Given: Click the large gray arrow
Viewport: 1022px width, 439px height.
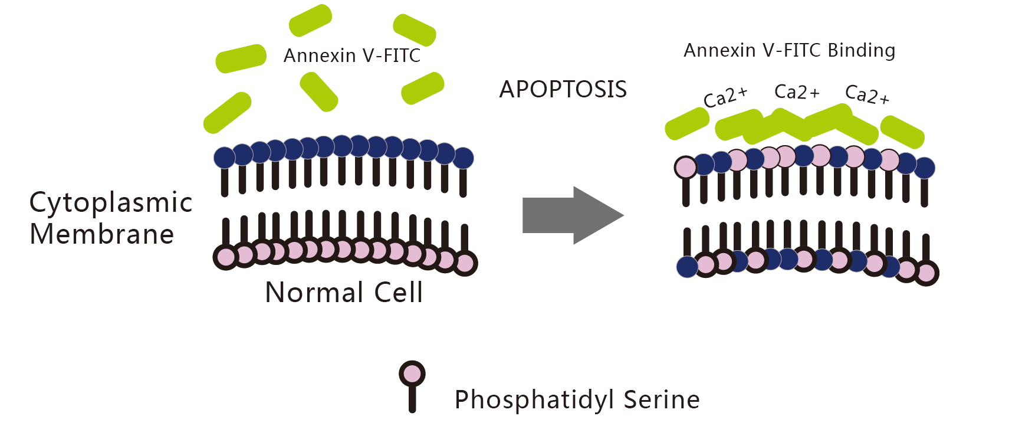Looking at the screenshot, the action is [x=573, y=215].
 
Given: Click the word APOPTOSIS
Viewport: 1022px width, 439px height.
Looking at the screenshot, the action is [x=563, y=90].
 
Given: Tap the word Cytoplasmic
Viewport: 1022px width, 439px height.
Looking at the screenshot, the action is [x=111, y=203].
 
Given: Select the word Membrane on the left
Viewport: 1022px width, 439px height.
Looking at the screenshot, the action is [x=102, y=234].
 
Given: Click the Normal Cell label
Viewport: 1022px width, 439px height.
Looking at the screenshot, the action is [x=344, y=292].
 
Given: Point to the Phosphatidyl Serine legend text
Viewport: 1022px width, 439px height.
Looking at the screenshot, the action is [x=577, y=399].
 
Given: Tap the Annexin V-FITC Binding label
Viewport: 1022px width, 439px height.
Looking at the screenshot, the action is [x=790, y=51].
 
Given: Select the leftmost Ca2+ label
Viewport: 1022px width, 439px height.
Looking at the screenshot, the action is [x=725, y=97].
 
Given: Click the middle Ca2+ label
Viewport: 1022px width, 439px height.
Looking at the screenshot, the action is [x=797, y=92].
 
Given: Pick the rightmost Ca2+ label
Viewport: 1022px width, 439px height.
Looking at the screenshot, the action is [x=867, y=94].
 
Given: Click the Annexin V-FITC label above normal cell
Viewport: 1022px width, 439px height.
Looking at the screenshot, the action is [x=352, y=55].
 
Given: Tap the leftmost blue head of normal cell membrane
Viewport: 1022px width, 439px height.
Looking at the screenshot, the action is [x=224, y=158].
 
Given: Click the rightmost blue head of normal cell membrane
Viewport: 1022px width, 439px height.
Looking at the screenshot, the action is [x=463, y=158].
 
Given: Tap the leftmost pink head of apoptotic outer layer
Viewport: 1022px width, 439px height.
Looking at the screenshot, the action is [x=686, y=168].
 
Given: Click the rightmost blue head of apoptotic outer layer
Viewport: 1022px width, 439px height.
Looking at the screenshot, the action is [x=924, y=168].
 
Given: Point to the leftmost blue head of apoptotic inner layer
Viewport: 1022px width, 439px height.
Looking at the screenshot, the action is [x=688, y=267].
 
